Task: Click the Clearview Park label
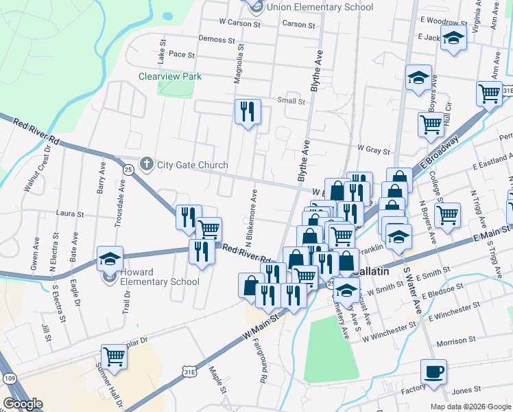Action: tap(170, 76)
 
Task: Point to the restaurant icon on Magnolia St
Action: tap(247, 112)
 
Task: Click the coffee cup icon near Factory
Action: tap(433, 372)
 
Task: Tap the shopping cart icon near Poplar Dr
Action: tap(114, 357)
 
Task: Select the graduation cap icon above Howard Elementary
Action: tap(110, 259)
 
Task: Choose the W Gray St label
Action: tap(373, 148)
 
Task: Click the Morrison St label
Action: tap(456, 341)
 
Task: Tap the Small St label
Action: tap(291, 101)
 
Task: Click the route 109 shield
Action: tap(9, 378)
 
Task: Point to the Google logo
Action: tap(22, 404)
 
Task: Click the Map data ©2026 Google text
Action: tap(470, 407)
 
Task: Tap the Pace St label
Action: tap(182, 54)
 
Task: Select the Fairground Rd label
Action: tap(261, 360)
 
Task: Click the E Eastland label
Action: tap(490, 165)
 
